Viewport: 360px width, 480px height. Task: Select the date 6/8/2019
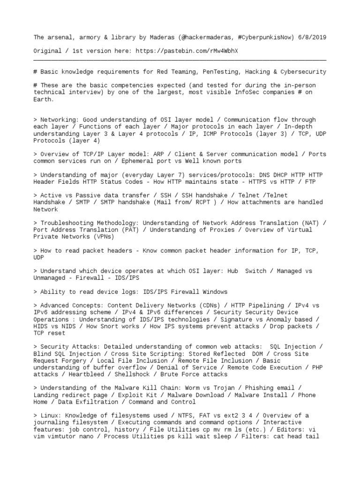[312, 37]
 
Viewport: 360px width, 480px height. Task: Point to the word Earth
[44, 99]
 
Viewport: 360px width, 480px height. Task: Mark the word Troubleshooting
[66, 223]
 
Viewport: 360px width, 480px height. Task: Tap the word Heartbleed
[88, 375]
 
